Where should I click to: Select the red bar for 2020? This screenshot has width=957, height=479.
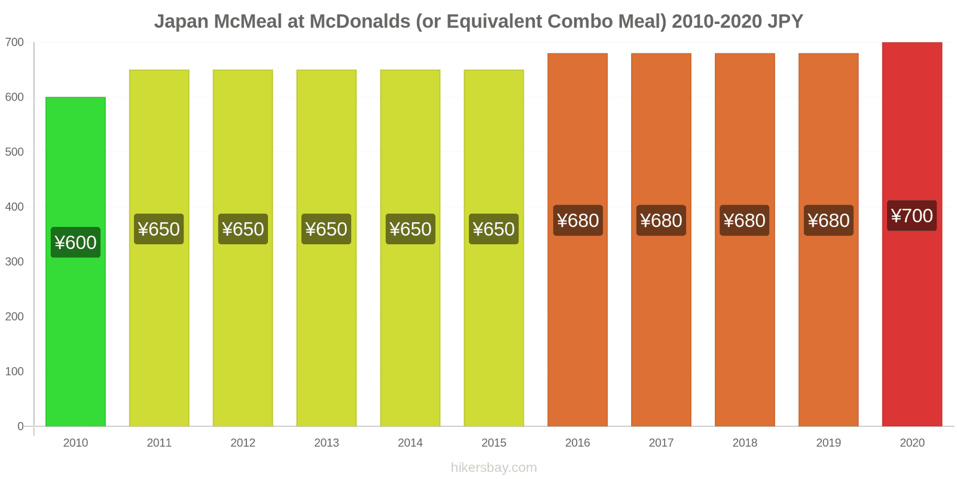coord(912,329)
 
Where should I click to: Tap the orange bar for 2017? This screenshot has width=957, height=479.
coord(661,329)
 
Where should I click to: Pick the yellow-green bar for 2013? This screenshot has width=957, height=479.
coord(327,329)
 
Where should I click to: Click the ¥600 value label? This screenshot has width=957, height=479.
coord(75,242)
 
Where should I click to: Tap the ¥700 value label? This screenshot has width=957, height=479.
coord(912,216)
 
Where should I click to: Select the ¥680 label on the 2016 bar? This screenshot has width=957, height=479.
coord(578,220)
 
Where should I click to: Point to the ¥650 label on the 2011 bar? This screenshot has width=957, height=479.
coord(159,229)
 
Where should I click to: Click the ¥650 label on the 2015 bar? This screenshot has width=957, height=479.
coord(493,229)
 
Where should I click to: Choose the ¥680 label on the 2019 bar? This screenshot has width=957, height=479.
coord(828,220)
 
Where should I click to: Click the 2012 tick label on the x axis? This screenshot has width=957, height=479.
coord(243,442)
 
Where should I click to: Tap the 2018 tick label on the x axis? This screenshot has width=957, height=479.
coord(745,442)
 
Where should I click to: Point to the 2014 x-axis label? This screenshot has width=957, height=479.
coord(410,442)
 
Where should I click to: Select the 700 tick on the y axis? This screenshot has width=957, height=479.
coord(14,42)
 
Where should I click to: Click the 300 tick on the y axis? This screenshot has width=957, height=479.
coord(14,262)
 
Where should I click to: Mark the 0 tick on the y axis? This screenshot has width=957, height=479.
coord(20,426)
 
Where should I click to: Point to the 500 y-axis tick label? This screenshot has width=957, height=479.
coord(14,152)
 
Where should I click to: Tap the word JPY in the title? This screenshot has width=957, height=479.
coord(785,22)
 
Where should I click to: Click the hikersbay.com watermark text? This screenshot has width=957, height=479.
coord(493,468)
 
